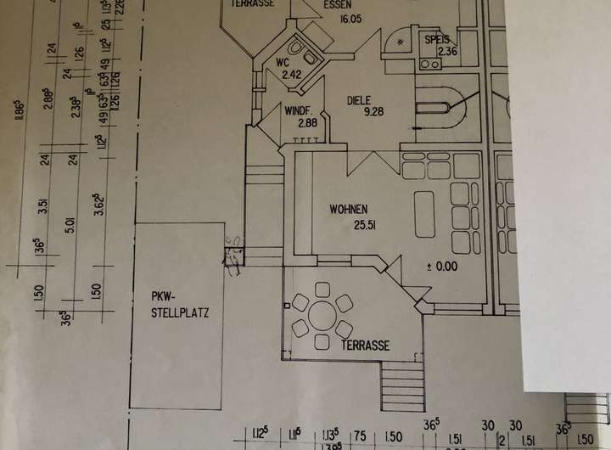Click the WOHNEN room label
[x=349, y=210]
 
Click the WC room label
[x=283, y=62]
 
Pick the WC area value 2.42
[x=293, y=75]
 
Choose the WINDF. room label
[x=301, y=111]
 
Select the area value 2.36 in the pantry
[x=447, y=52]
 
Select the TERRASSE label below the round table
[x=366, y=346]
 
